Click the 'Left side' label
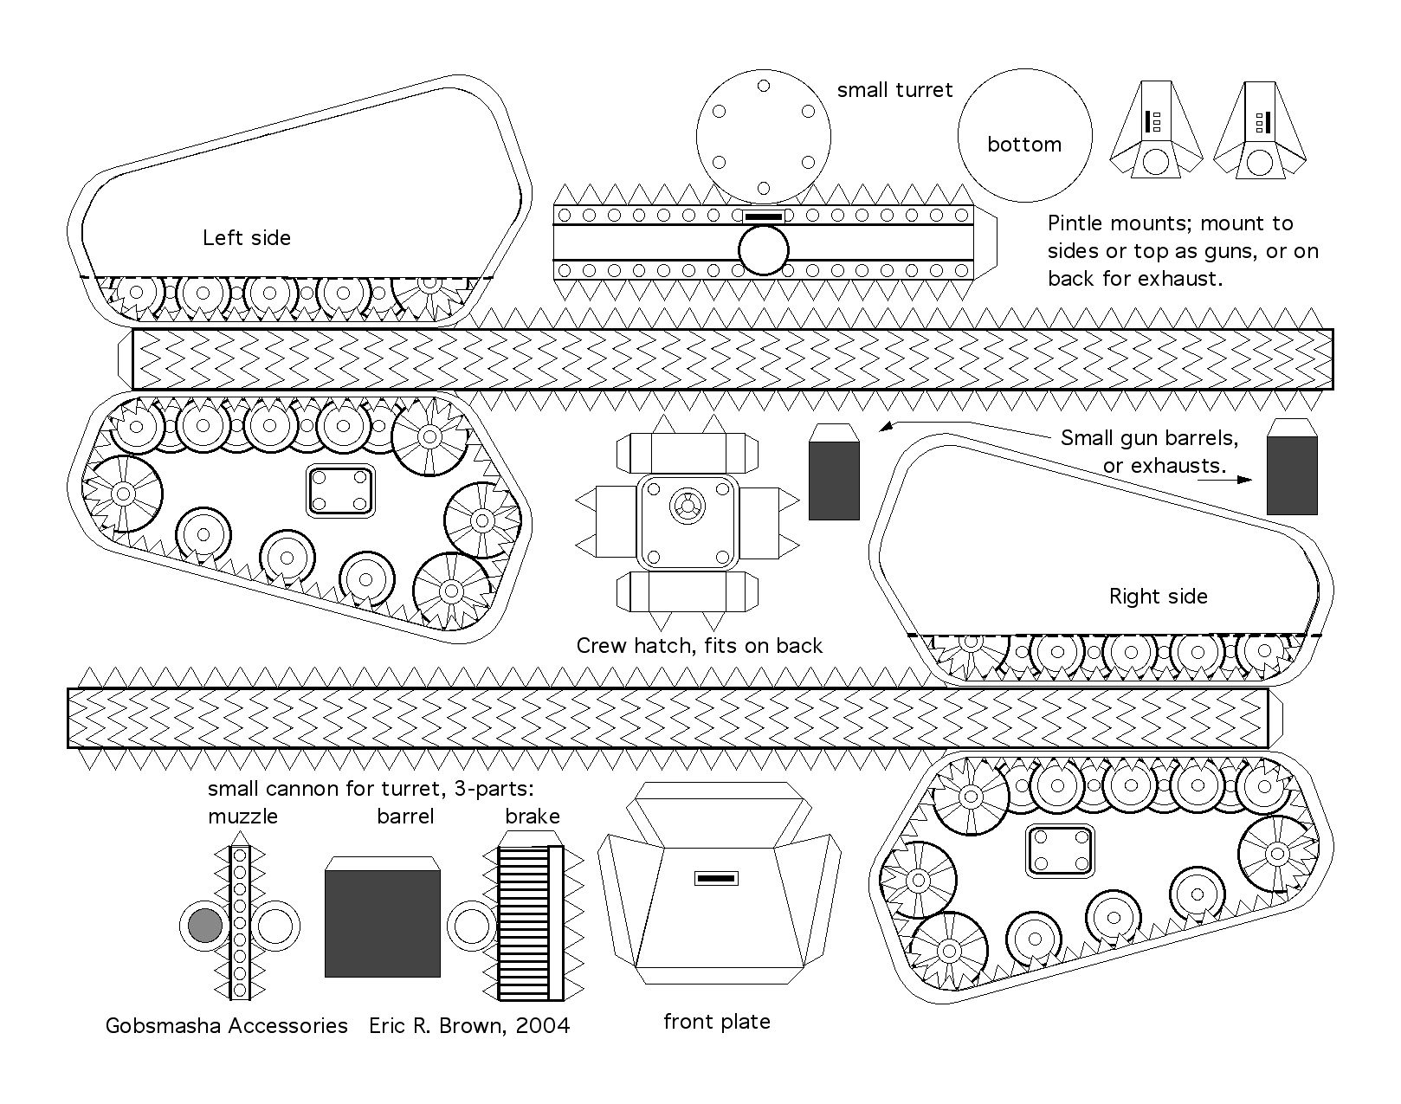pyautogui.click(x=246, y=237)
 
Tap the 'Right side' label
pyautogui.click(x=1159, y=597)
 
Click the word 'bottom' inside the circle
pyautogui.click(x=1024, y=144)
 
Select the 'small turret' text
pyautogui.click(x=894, y=90)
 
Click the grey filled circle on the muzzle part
pyautogui.click(x=205, y=926)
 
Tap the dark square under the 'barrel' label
pyautogui.click(x=383, y=924)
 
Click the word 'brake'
pyautogui.click(x=533, y=817)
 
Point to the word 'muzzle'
pyautogui.click(x=242, y=817)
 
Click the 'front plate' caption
pyautogui.click(x=717, y=1022)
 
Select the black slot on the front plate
pyautogui.click(x=716, y=879)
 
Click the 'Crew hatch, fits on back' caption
pyautogui.click(x=699, y=646)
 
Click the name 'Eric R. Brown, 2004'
pyautogui.click(x=469, y=1026)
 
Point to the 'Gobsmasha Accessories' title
pyautogui.click(x=227, y=1026)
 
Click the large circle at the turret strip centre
pyautogui.click(x=764, y=250)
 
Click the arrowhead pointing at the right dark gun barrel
pyautogui.click(x=1244, y=480)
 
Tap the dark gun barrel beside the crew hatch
pyautogui.click(x=834, y=481)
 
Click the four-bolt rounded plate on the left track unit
pyautogui.click(x=340, y=491)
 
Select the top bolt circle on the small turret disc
pyautogui.click(x=764, y=86)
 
